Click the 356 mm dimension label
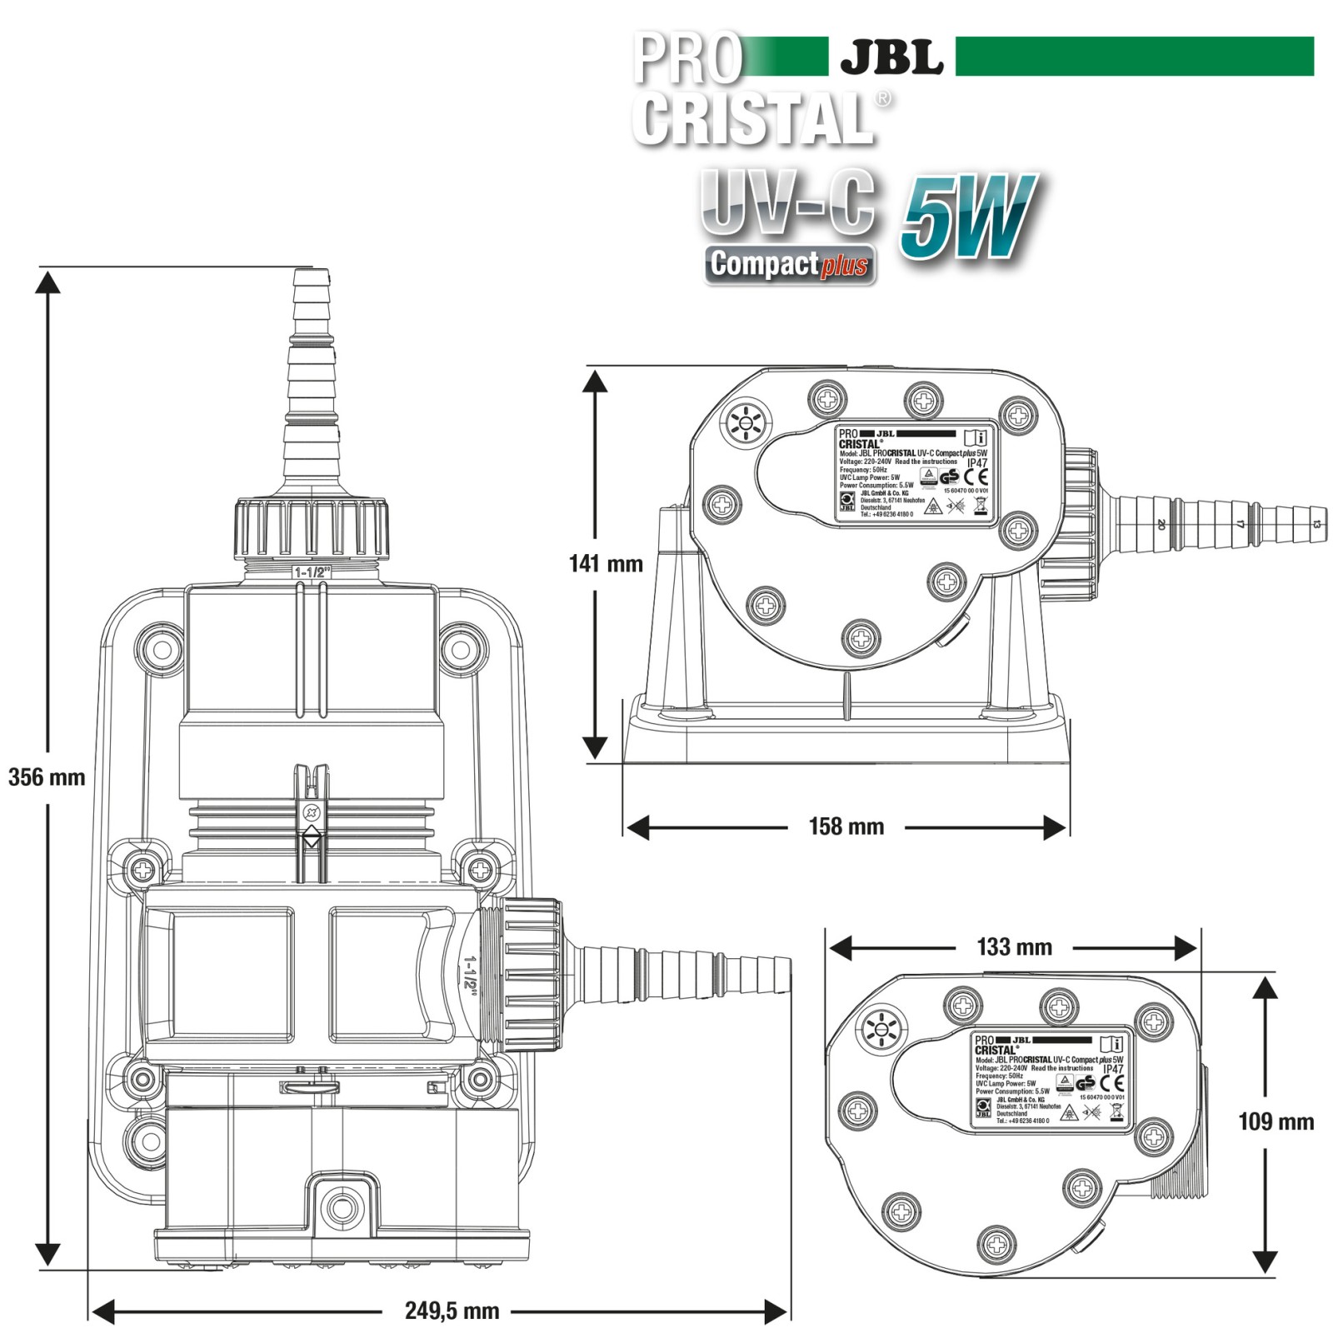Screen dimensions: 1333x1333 click(x=47, y=777)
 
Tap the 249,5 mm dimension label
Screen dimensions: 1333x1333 click(x=452, y=1311)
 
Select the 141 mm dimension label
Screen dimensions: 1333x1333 click(x=606, y=564)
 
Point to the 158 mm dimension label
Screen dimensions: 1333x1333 click(x=846, y=826)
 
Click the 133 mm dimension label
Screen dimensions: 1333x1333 click(x=1014, y=947)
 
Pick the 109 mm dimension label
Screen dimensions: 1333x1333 click(x=1276, y=1121)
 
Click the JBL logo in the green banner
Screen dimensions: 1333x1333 click(x=891, y=57)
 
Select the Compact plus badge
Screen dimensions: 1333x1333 click(x=790, y=265)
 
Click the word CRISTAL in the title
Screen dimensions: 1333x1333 click(x=754, y=118)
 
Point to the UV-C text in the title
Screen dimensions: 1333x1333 click(x=787, y=200)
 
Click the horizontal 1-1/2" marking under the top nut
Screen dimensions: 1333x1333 click(x=312, y=572)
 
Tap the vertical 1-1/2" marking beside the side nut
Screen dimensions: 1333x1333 click(x=469, y=971)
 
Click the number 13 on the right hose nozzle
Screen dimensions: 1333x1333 click(x=1316, y=524)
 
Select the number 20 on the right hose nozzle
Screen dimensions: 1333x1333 click(x=1161, y=524)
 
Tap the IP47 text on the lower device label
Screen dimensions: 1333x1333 click(x=1113, y=1069)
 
